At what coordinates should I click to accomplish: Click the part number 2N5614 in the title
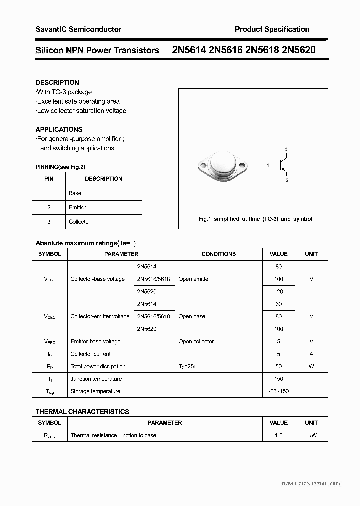[189, 50]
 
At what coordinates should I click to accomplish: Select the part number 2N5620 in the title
[298, 50]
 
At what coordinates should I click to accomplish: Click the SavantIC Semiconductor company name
[78, 29]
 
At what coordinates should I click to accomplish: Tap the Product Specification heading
[272, 29]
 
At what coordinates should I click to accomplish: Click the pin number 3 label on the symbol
[286, 149]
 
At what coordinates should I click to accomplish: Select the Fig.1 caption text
[255, 219]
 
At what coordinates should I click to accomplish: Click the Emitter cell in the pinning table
[77, 207]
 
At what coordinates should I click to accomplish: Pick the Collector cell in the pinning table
[79, 222]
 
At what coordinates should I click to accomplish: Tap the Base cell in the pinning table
[75, 193]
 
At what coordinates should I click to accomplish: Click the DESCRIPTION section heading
[57, 82]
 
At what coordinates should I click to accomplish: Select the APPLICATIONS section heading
[59, 129]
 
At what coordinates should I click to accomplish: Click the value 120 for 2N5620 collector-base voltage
[278, 291]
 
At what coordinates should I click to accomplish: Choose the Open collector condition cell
[196, 341]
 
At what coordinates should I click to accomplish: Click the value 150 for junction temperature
[278, 379]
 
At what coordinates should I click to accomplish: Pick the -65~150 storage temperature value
[278, 391]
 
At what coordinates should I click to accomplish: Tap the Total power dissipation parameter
[98, 366]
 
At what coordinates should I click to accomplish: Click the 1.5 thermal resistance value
[278, 435]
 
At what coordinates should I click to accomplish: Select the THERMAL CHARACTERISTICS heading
[82, 412]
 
